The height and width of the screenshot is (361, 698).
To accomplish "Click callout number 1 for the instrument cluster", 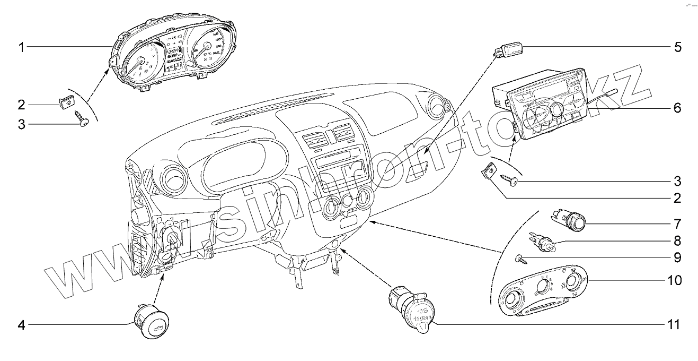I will (21, 48).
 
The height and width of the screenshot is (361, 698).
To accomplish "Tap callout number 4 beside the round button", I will (21, 324).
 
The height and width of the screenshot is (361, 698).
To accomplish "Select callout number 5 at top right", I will (677, 48).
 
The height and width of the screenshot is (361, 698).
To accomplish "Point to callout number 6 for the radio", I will (677, 108).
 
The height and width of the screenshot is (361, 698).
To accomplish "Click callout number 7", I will (677, 223).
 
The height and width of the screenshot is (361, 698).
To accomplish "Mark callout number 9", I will (677, 259).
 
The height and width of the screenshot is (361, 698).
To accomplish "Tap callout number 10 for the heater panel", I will (674, 280).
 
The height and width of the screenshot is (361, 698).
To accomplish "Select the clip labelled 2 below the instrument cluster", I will (66, 101).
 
